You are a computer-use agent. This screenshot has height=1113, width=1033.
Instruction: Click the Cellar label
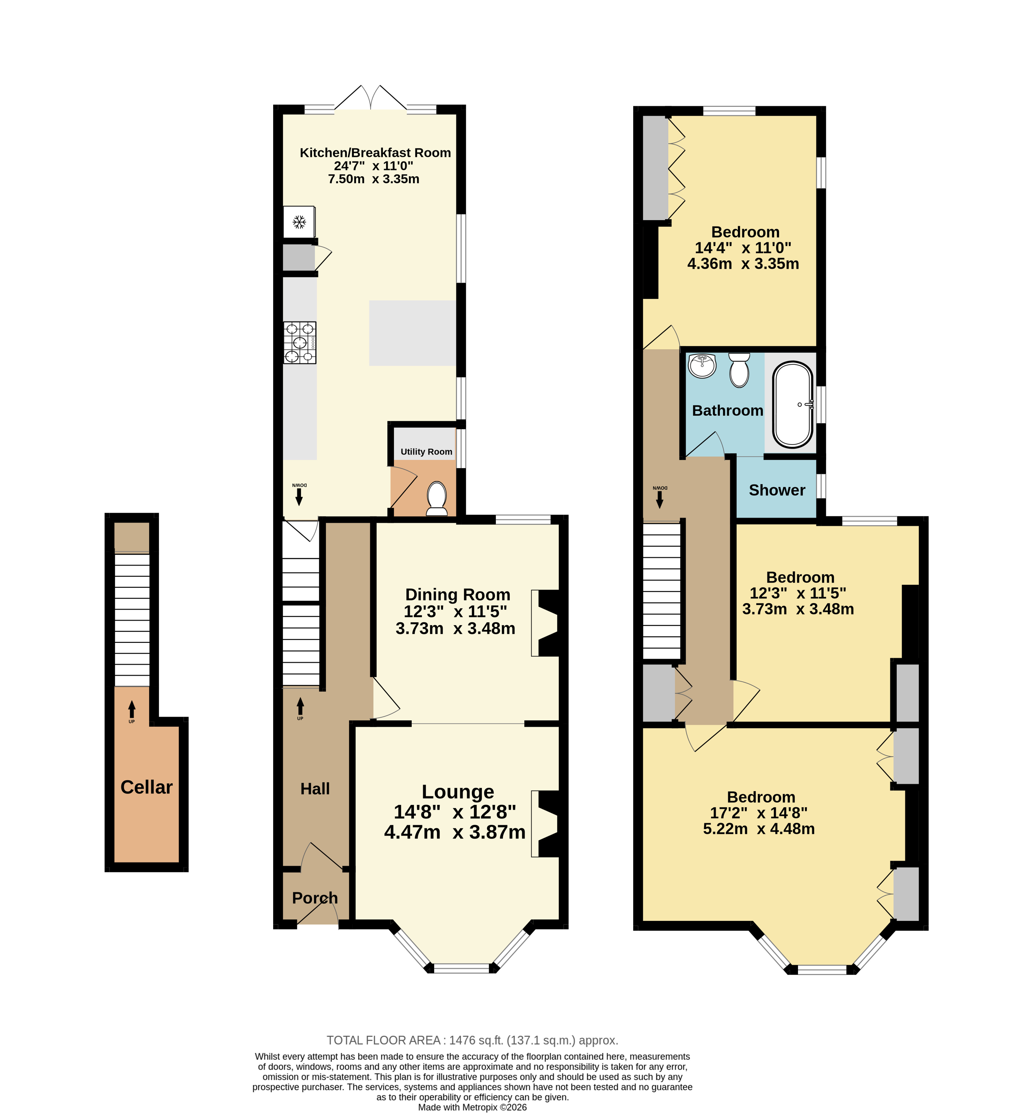146,787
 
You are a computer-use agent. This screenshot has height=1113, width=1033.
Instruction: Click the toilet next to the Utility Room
437,499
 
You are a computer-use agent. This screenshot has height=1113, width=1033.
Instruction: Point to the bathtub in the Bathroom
793,405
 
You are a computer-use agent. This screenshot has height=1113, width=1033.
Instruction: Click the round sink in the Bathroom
702,366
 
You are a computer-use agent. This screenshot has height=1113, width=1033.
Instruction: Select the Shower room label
777,490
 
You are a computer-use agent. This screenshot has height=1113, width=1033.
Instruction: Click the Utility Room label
427,452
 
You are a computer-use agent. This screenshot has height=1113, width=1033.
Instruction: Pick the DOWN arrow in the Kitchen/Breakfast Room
299,494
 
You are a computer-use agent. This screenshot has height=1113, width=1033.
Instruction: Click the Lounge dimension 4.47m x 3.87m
455,832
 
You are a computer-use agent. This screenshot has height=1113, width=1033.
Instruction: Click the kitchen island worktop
413,333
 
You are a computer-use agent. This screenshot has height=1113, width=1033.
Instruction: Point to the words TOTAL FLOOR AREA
384,1040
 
